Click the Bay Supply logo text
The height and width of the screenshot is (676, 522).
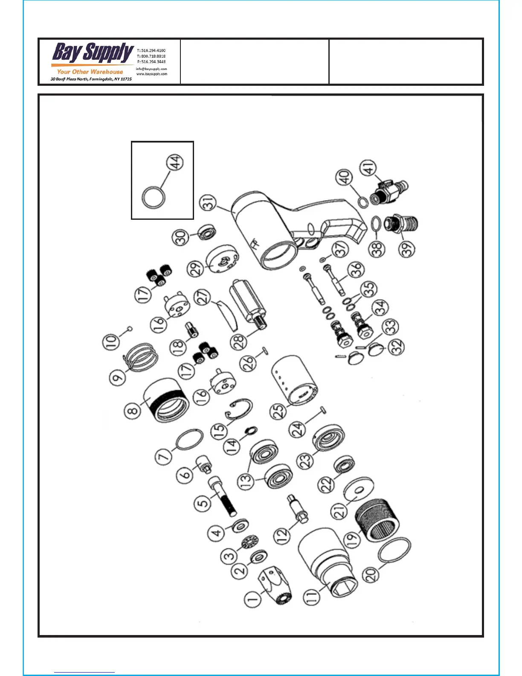click(x=93, y=53)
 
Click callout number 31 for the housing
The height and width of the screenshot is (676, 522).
click(x=209, y=204)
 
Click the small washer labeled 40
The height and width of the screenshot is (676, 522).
click(x=362, y=201)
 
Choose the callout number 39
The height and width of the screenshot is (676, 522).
click(x=408, y=249)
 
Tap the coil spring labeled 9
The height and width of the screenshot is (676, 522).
click(x=141, y=356)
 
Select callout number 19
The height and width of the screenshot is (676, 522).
click(x=352, y=540)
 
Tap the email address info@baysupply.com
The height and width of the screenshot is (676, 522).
click(x=151, y=69)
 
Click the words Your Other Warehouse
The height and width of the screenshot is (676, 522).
click(x=90, y=72)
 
